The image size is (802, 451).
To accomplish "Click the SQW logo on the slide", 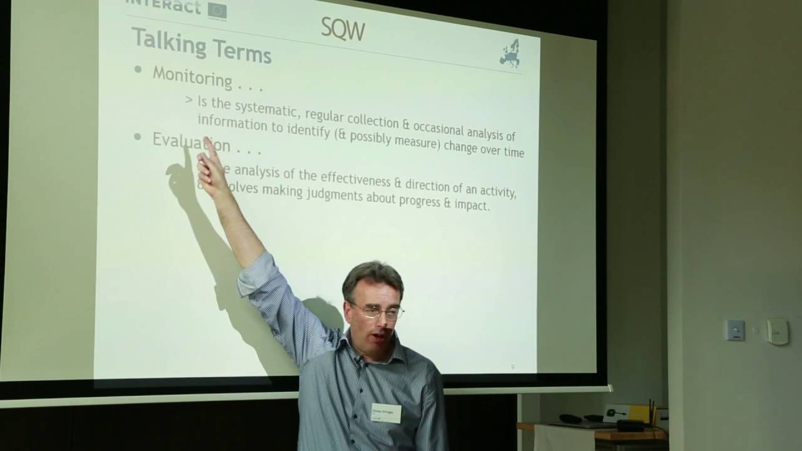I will point(342,28).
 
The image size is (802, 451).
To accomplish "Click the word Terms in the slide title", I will point(241,50).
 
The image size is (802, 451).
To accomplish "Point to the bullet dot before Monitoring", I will point(138,70).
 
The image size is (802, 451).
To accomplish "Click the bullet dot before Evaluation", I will point(138,137).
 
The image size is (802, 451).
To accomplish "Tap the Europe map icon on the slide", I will point(509,54).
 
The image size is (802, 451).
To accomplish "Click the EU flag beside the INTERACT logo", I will point(217,9).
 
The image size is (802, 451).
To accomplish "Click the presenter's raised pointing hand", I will point(211,167).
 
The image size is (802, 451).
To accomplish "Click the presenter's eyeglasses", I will point(378,310).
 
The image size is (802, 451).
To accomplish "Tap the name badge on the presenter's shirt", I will point(386,413).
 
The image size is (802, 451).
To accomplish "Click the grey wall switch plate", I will point(735,330).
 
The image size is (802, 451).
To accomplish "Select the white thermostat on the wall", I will point(777,331).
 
